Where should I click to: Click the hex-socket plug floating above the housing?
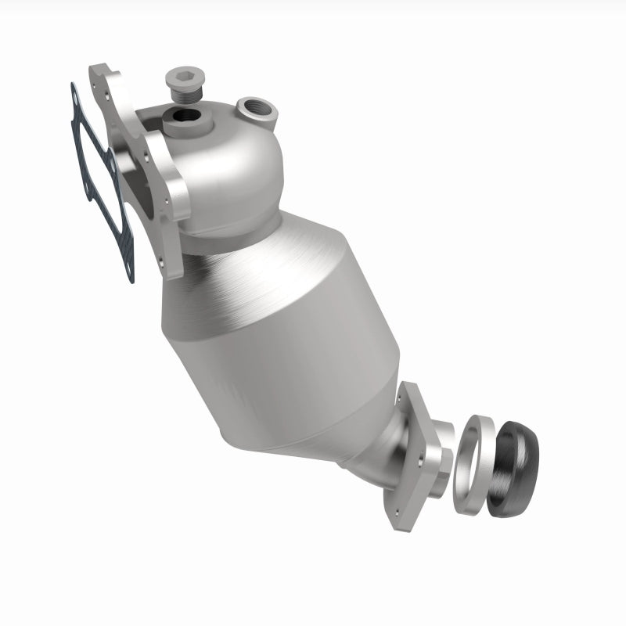(181, 83)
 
